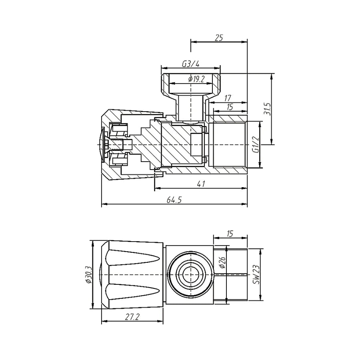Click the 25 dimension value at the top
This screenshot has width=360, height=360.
[x=218, y=38]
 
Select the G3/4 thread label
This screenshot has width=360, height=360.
[x=190, y=64]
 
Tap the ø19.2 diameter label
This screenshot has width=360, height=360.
[x=196, y=79]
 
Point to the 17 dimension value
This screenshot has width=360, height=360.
[x=227, y=98]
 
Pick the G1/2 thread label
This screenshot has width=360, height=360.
[x=256, y=144]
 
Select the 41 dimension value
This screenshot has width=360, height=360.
[x=201, y=184]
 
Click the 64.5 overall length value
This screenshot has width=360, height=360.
[x=174, y=200]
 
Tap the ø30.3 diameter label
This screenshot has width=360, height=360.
[x=89, y=274]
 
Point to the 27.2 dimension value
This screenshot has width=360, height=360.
[x=132, y=317]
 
